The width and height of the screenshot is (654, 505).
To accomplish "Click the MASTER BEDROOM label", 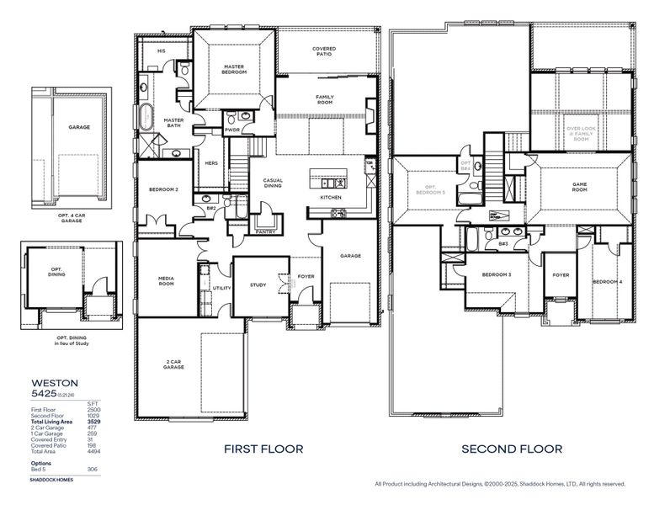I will (234, 69).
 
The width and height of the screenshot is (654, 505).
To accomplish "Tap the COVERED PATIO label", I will (324, 52).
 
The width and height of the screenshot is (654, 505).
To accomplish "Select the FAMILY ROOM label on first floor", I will (325, 100).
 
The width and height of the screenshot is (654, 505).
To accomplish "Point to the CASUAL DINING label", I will (273, 183).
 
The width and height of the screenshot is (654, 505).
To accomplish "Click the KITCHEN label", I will (330, 198).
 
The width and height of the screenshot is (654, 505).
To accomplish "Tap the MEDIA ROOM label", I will (166, 281).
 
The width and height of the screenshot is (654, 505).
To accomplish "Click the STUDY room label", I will (258, 285).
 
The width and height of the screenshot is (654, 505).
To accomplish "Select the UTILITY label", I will (221, 288).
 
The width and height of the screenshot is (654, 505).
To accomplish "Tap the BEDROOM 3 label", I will (497, 275).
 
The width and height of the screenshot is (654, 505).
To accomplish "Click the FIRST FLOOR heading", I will (263, 449).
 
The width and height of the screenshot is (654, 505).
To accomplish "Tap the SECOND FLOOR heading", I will (511, 449).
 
